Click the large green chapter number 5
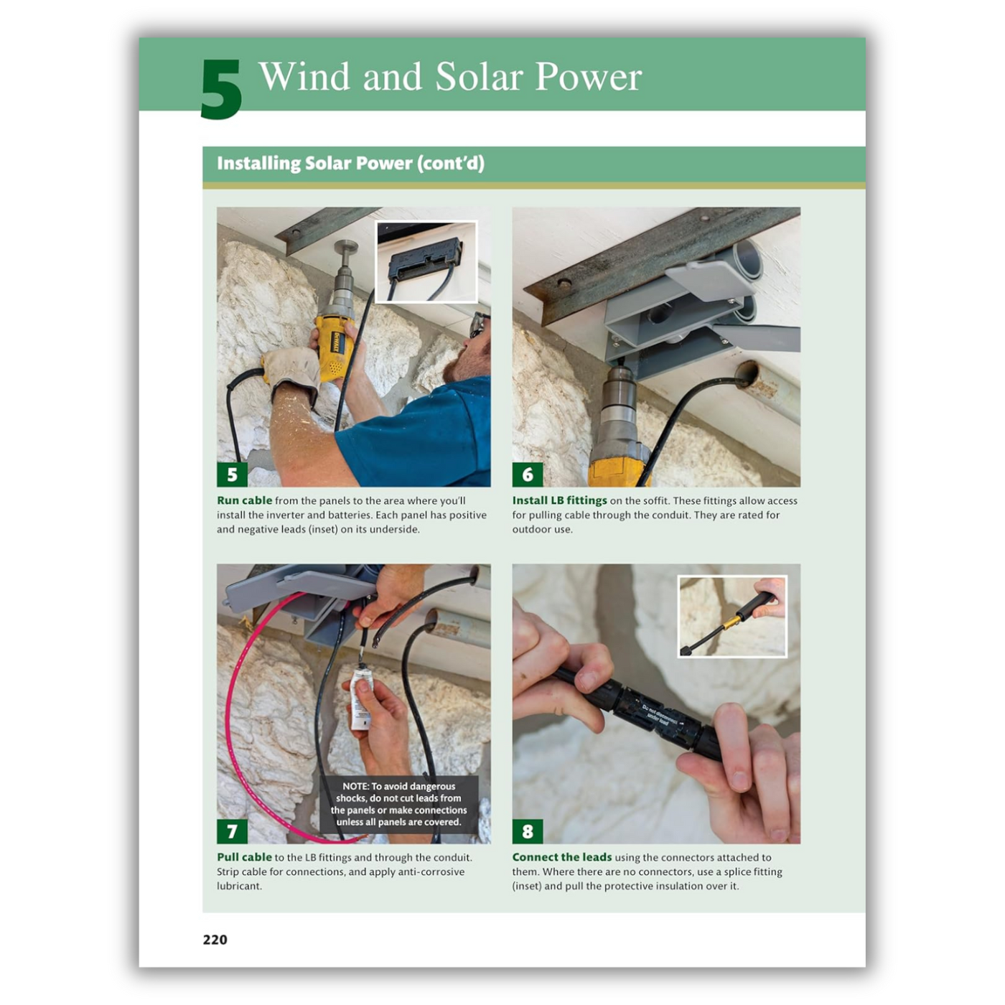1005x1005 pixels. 221,89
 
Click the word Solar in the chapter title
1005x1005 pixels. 479,77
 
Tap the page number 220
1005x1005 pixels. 215,939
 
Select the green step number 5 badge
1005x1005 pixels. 232,474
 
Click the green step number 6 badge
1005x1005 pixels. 528,474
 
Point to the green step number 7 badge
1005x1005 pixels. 232,831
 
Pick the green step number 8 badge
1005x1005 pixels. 528,831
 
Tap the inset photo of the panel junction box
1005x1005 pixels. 426,261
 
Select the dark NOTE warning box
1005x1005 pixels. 398,804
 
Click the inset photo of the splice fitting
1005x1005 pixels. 732,616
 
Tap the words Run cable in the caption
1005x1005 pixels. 244,500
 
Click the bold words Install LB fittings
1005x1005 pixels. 559,500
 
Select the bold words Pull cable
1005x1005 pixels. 244,857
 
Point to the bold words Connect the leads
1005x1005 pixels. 561,857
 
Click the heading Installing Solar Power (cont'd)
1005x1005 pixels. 350,163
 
